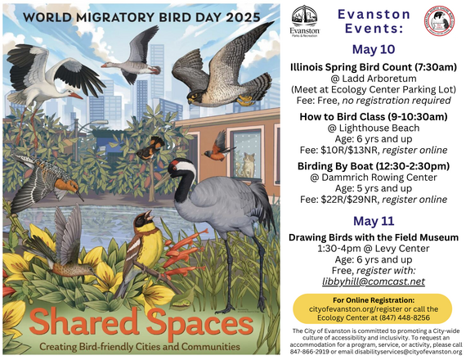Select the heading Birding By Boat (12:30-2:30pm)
point(374,164)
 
